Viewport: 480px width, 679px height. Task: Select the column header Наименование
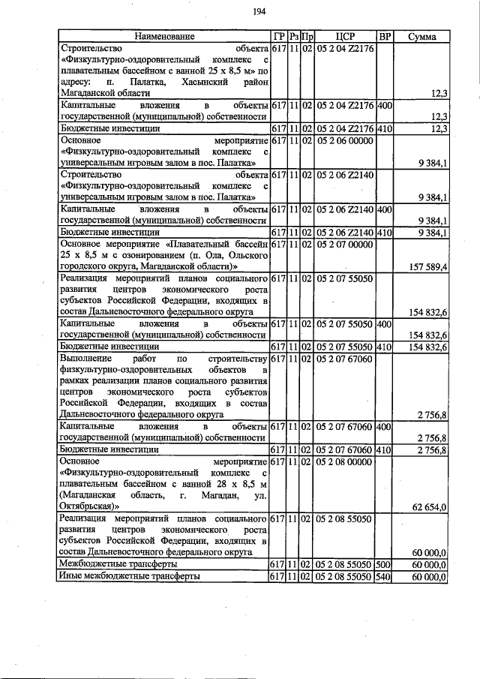(x=164, y=36)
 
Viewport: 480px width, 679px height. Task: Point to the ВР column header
(x=384, y=36)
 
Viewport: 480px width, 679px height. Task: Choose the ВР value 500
(x=384, y=563)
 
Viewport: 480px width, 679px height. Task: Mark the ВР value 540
(x=384, y=576)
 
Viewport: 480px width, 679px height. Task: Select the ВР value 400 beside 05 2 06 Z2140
(x=384, y=209)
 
